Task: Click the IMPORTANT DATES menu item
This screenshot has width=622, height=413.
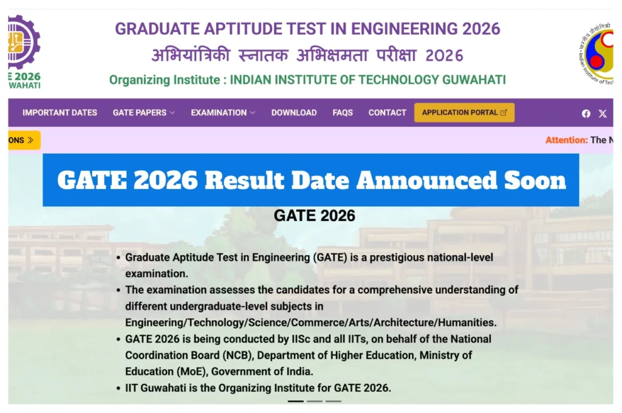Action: click(60, 112)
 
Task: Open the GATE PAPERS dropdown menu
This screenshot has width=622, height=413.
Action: click(143, 112)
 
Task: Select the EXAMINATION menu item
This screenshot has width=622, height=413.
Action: click(222, 112)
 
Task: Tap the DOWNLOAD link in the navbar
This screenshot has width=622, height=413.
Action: click(293, 112)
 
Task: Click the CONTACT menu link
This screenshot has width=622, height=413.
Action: click(387, 112)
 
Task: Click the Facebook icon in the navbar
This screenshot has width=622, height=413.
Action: click(586, 114)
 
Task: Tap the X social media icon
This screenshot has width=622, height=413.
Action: click(603, 114)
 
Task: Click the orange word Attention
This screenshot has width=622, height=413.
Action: click(566, 140)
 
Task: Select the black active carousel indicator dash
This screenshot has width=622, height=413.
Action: click(295, 401)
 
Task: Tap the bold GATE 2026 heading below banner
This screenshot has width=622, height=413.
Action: click(314, 216)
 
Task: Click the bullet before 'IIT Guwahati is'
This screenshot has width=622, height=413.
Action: click(119, 387)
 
